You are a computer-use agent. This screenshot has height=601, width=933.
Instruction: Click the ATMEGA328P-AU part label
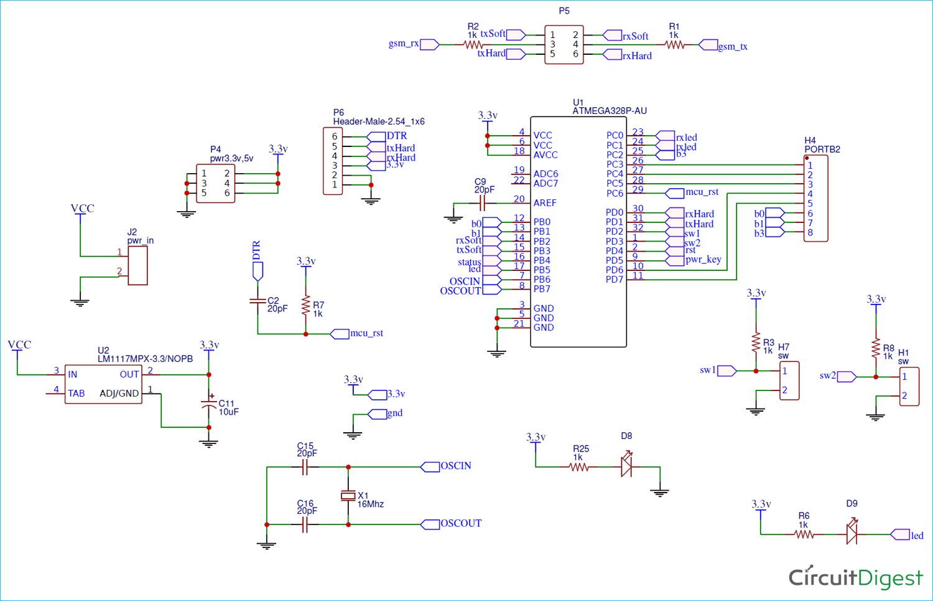point(609,111)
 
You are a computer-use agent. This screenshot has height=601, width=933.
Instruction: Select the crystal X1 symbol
point(348,496)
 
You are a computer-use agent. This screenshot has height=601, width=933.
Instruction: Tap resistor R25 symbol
point(578,467)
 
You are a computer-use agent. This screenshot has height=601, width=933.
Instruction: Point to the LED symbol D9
point(852,534)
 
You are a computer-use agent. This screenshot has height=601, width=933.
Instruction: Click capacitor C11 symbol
point(209,405)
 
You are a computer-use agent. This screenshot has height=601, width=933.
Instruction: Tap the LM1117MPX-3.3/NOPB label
point(145,359)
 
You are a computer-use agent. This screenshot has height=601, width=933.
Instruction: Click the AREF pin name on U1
point(544,203)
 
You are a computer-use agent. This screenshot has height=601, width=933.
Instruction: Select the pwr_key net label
point(703,259)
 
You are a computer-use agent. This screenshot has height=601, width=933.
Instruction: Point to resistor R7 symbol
point(305,306)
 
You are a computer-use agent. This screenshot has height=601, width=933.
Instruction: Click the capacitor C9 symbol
point(481,203)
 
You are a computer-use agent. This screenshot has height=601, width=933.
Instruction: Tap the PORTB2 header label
point(822,149)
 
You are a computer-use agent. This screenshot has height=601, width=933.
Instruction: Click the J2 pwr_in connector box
point(137,266)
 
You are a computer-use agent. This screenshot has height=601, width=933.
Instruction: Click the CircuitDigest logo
point(855,577)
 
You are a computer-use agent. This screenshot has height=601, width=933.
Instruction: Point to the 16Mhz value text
point(370,504)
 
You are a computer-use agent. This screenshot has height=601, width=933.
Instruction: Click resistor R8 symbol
point(876,348)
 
